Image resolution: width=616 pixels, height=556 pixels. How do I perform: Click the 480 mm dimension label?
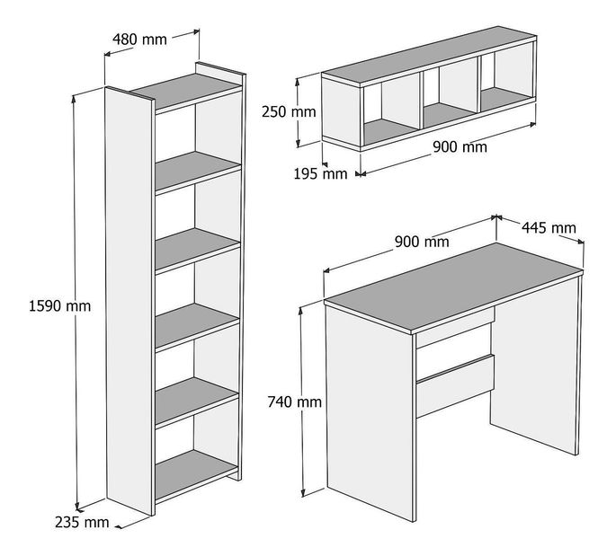[139, 40]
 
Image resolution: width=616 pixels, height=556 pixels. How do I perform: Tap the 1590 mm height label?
[59, 305]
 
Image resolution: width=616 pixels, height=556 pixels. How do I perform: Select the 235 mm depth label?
[82, 522]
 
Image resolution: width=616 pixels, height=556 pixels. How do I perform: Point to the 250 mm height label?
[289, 111]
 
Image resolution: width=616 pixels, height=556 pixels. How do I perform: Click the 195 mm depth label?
[320, 173]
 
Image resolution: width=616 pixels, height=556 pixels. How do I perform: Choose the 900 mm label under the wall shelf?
[460, 146]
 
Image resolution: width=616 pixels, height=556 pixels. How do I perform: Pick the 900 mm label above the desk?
[422, 242]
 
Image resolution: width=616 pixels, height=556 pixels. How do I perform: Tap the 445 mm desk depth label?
[549, 227]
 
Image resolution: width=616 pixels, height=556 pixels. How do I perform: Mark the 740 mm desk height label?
[295, 402]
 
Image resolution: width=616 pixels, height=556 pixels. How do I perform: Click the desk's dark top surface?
[454, 287]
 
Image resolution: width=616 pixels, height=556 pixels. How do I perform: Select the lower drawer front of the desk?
[455, 385]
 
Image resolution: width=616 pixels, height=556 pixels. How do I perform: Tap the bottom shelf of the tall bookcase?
[196, 474]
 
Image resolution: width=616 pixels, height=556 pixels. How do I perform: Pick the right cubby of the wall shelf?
[507, 77]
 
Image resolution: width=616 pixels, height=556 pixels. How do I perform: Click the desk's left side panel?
[370, 413]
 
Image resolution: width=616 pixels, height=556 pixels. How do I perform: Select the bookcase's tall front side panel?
[129, 300]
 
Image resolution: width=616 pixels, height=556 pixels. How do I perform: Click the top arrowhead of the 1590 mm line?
[74, 98]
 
